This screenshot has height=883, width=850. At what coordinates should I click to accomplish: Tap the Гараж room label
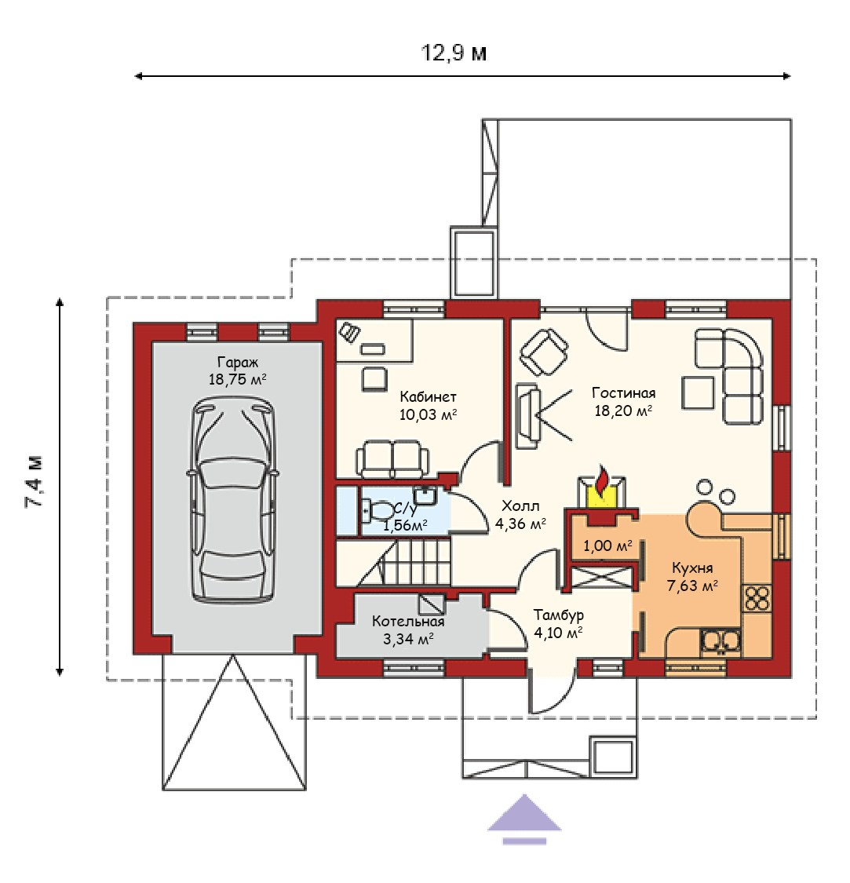tap(238, 362)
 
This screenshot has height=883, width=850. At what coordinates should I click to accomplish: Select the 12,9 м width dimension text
tap(454, 53)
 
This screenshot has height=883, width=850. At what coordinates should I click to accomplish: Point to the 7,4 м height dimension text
tap(35, 481)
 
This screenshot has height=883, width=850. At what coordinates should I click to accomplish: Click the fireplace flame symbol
tap(602, 483)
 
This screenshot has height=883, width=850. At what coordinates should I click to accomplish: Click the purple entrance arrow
tap(524, 819)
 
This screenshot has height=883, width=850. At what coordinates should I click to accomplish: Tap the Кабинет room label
tap(428, 396)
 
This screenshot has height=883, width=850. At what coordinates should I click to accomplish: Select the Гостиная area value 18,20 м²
tap(623, 411)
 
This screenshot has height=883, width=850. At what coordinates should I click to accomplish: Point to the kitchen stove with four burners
tap(757, 599)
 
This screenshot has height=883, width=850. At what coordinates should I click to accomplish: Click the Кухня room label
tap(693, 568)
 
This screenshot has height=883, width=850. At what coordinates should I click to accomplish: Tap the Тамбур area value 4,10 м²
tap(558, 633)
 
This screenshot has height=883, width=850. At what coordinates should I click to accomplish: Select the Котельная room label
tap(408, 621)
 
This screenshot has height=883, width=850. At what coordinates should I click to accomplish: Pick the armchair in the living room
tap(544, 352)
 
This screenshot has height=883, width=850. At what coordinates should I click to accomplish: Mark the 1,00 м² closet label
tap(607, 545)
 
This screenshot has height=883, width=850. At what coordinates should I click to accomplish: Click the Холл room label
tap(520, 505)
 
